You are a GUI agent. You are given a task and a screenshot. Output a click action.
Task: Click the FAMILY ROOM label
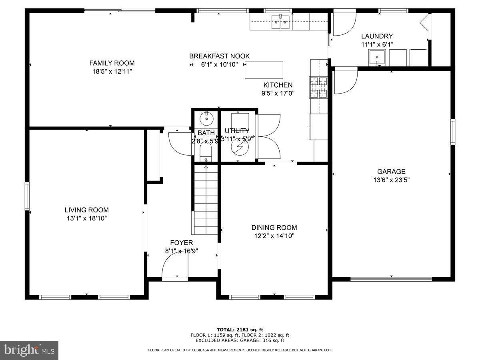pyautogui.click(x=112, y=63)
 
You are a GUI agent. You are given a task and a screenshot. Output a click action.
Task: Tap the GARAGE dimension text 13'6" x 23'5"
pyautogui.click(x=391, y=180)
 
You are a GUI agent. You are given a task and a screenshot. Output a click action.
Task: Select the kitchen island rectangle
pyautogui.click(x=264, y=70)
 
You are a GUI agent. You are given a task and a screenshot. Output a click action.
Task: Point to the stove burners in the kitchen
pyautogui.click(x=318, y=88)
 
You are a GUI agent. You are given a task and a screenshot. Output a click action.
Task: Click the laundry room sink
pyautogui.click(x=377, y=58)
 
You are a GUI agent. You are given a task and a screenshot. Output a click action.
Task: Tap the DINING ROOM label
pyautogui.click(x=274, y=228)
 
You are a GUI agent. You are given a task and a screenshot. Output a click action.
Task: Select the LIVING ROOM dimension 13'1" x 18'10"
pyautogui.click(x=86, y=218)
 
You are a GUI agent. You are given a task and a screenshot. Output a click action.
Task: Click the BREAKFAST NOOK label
pyautogui.click(x=219, y=56)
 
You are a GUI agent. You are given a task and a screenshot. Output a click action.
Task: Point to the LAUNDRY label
pyautogui.click(x=377, y=36)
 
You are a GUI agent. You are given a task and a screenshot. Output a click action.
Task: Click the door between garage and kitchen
pyautogui.click(x=345, y=82)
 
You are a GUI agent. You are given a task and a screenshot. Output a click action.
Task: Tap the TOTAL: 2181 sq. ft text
pyautogui.click(x=240, y=330)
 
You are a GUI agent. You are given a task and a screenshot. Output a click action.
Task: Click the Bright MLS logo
pyautogui.click(x=29, y=350)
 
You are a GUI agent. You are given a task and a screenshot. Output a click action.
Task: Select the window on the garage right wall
pyautogui.click(x=453, y=132)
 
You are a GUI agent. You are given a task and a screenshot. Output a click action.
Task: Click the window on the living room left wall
pyautogui.click(x=27, y=196)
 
